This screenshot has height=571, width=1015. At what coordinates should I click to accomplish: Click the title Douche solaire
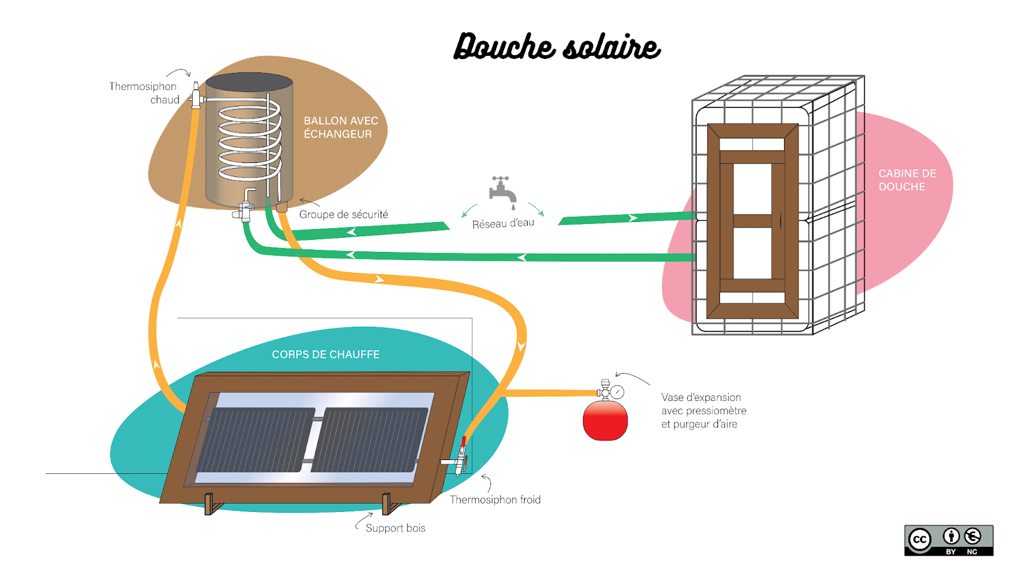point(557,46)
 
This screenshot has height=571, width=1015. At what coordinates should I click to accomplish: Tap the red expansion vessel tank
point(605,420)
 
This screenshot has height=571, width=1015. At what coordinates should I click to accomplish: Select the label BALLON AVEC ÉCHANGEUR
point(341,127)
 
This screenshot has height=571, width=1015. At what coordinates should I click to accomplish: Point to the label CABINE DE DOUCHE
point(907,180)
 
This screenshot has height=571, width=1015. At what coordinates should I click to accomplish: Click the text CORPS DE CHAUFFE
point(325,355)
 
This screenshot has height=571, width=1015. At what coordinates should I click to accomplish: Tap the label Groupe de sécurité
point(343,214)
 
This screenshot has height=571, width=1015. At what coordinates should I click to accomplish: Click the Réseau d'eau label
point(503,223)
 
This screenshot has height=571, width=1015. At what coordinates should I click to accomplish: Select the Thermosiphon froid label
point(495,500)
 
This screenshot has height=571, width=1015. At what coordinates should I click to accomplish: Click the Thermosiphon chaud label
point(144,93)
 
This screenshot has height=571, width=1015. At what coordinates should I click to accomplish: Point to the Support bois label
point(395,528)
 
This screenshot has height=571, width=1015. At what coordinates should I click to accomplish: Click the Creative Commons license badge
point(948,541)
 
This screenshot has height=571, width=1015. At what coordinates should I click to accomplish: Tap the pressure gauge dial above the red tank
point(617,392)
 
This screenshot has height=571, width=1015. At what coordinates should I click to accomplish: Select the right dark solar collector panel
point(369,440)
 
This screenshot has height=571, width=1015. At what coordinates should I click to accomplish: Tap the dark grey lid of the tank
point(249,82)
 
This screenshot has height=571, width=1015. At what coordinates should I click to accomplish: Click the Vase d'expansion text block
point(704,410)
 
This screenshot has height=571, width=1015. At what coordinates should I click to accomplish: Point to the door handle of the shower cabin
point(780,221)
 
